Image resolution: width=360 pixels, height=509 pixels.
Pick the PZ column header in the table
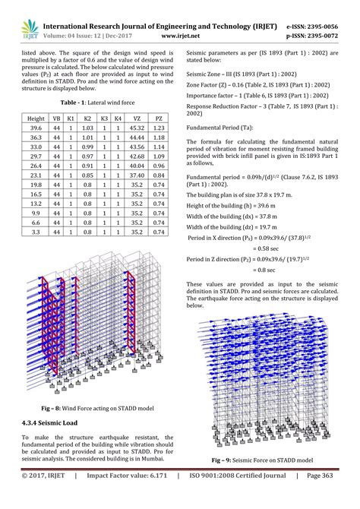(158, 119)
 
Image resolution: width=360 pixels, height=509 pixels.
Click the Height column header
(36, 119)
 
